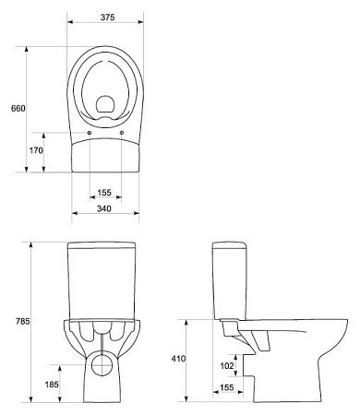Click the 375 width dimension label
tap(107, 18)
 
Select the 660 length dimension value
tap(18, 108)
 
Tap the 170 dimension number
tap(36, 150)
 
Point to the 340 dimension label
tap(104, 208)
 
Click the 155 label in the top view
tap(104, 193)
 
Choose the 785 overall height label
tap(23, 321)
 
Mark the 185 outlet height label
tap(52, 385)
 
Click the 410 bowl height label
tap(178, 359)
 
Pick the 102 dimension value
tap(227, 365)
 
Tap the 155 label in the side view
tap(227, 387)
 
